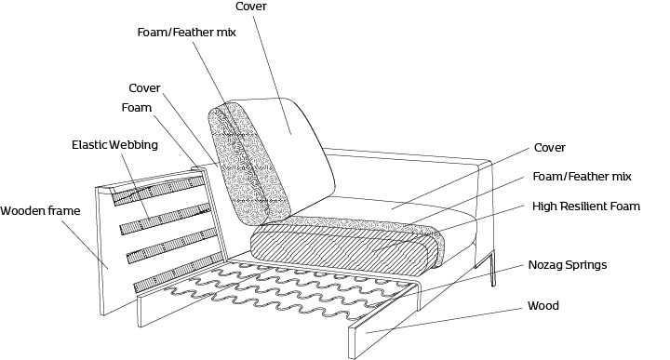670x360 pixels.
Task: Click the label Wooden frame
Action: click(40, 211)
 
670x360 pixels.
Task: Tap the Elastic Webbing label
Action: click(114, 145)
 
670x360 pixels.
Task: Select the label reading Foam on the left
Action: click(136, 108)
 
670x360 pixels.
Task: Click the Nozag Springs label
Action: click(568, 265)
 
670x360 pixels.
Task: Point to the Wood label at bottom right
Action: click(543, 306)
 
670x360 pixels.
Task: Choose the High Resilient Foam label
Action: click(586, 207)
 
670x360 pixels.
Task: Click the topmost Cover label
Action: click(251, 7)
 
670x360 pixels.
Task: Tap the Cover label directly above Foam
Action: click(144, 88)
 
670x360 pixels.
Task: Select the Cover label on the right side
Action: click(550, 148)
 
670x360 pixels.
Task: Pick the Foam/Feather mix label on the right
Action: click(582, 177)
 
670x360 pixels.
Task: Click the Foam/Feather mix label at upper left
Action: click(186, 33)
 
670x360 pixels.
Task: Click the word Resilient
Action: click(582, 207)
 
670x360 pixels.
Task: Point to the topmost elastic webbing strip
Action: click(157, 190)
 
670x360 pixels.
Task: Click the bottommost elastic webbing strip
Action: click(179, 272)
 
